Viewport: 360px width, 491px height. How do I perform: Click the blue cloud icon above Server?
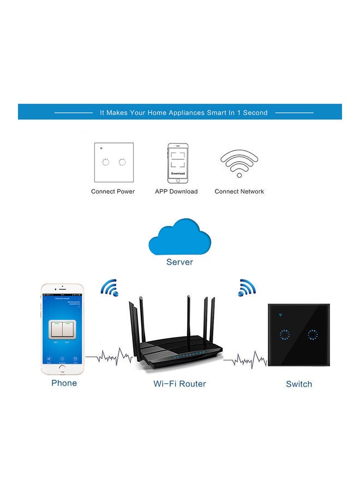click(179, 236)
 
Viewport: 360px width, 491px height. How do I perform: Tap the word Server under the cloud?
click(179, 262)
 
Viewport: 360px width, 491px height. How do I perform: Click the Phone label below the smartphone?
click(64, 383)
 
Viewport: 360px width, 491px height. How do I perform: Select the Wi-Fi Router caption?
click(179, 384)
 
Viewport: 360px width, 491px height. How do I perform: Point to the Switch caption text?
click(299, 384)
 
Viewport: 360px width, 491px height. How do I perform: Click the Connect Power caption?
click(113, 191)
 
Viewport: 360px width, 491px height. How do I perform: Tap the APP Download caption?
click(176, 191)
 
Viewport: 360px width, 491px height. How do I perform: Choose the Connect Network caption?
click(239, 191)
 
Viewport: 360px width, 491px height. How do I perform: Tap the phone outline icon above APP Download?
click(177, 163)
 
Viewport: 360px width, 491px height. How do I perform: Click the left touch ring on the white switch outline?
click(106, 162)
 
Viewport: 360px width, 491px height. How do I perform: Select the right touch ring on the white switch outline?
click(122, 162)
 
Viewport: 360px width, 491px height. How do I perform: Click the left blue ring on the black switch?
click(284, 334)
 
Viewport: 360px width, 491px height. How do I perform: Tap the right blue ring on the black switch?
click(312, 334)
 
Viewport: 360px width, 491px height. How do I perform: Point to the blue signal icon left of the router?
click(109, 288)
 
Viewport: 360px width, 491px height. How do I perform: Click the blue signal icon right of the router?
click(247, 288)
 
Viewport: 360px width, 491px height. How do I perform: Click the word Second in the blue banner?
click(255, 113)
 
